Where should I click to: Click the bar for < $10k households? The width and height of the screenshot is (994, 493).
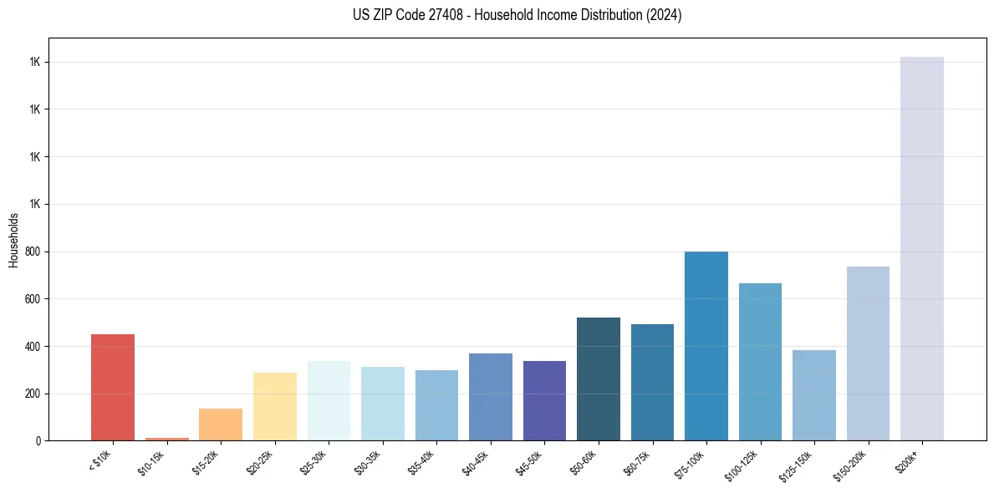click(x=113, y=387)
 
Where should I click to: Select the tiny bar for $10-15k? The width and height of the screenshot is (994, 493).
click(x=166, y=438)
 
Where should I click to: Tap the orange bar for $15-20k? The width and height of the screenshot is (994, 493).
click(x=221, y=424)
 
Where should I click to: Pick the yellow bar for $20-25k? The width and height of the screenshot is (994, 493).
click(x=274, y=406)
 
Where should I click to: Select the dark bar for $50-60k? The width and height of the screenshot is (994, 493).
click(x=599, y=379)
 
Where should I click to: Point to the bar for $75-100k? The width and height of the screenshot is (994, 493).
click(x=706, y=346)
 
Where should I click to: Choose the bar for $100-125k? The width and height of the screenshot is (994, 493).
click(x=760, y=362)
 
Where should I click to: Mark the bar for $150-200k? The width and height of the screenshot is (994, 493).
click(x=868, y=353)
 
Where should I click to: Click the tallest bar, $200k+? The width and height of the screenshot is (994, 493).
click(x=922, y=248)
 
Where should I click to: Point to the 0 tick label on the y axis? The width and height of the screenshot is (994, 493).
click(x=38, y=440)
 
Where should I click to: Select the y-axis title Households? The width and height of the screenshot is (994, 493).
click(x=14, y=240)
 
